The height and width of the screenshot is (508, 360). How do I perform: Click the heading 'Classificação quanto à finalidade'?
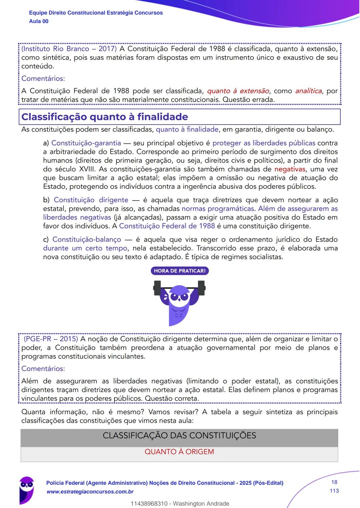104,117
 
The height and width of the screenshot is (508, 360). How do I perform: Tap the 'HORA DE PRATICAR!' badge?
180,271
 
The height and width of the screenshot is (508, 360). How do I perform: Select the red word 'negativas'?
289,169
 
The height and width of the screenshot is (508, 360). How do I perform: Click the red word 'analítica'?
308,91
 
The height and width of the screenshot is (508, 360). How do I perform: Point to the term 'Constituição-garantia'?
86,143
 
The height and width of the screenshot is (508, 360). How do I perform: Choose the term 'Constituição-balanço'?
87,240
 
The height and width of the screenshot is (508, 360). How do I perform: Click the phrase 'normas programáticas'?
218,209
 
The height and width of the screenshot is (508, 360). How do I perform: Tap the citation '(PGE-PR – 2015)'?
51,339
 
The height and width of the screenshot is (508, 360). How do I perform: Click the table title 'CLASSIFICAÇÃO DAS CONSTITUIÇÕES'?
179,436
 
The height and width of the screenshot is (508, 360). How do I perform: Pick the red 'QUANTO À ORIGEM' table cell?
179,452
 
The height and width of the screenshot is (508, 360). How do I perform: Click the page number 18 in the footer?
334,482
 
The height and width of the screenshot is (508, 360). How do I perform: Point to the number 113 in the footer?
334,491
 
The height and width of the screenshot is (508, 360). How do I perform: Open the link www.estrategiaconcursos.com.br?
90,492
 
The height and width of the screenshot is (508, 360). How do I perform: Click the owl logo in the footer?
26,489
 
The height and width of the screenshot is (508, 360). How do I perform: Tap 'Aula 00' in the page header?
39,21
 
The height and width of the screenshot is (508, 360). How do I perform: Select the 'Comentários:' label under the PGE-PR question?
43,369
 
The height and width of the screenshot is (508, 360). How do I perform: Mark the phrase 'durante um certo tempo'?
85,248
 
